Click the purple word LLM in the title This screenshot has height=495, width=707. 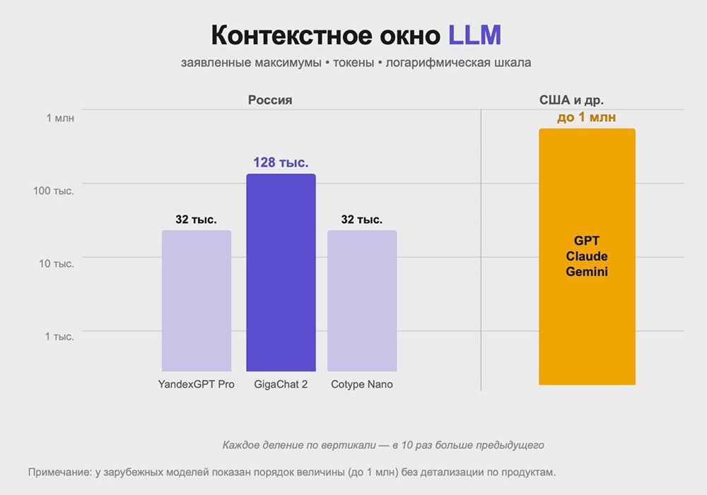(x=475, y=35)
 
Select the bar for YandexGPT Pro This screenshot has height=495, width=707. (x=197, y=300)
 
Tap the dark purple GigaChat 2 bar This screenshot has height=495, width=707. (x=281, y=272)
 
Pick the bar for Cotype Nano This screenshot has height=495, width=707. (x=362, y=300)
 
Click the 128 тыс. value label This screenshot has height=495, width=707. (x=281, y=163)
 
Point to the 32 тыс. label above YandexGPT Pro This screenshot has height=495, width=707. (x=196, y=220)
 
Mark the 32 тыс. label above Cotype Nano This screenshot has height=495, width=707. (x=362, y=220)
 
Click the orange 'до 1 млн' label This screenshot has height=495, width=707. (x=586, y=117)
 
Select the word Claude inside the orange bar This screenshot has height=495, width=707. (x=587, y=256)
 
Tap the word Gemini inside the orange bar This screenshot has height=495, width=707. (x=587, y=271)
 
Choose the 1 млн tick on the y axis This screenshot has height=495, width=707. (x=60, y=118)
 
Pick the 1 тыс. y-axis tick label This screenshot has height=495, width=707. (x=60, y=337)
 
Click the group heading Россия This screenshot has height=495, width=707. (x=270, y=100)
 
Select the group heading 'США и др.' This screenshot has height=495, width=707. (x=571, y=100)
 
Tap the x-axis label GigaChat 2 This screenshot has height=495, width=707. (x=281, y=385)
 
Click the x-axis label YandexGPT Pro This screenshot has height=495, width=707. (x=197, y=385)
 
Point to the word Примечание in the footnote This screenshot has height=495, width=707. (x=59, y=472)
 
